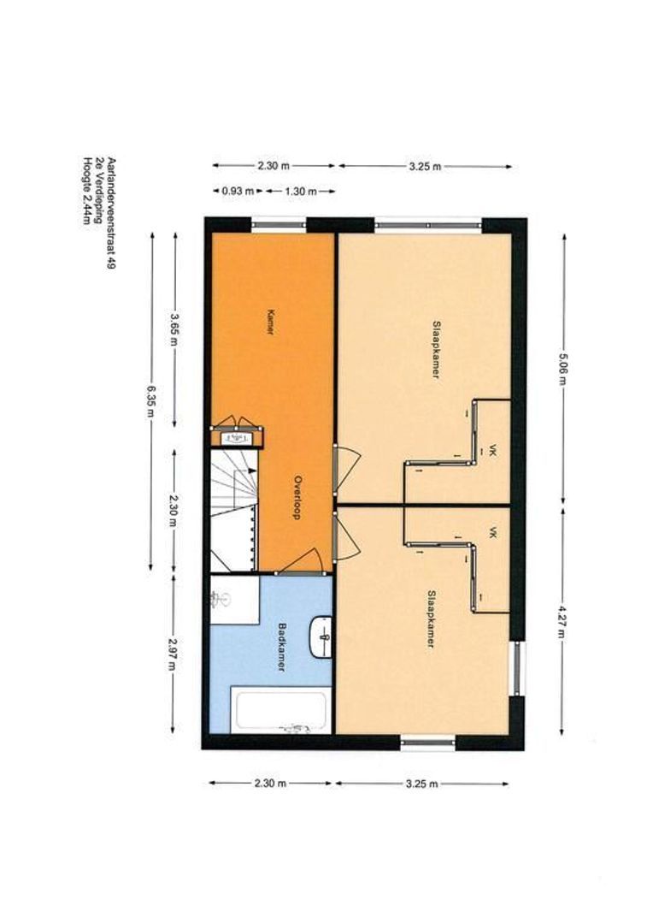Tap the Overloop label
(x=298, y=497)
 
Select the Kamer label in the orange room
(x=270, y=322)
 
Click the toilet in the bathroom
(x=221, y=600)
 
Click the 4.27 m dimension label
(x=562, y=622)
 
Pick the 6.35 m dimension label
(x=150, y=400)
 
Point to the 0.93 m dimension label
(x=238, y=191)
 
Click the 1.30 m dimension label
(x=301, y=191)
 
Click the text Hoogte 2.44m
(x=87, y=190)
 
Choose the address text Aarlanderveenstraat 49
(x=110, y=213)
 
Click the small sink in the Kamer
(x=236, y=438)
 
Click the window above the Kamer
(x=279, y=224)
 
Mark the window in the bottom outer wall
(x=428, y=743)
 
